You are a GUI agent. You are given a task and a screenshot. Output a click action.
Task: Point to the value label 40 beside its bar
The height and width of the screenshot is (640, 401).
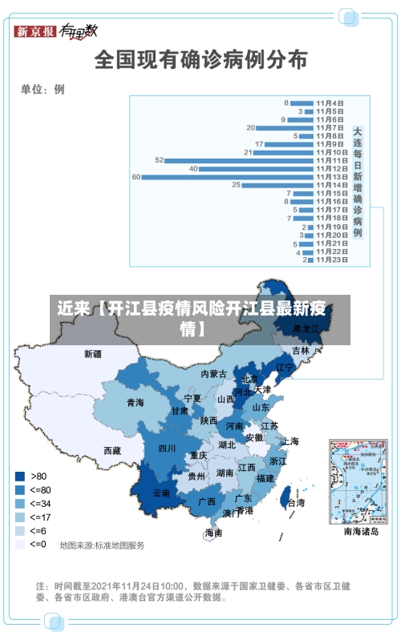coord(193,168)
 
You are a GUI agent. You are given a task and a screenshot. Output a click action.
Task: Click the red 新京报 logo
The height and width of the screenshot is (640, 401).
coord(36,31)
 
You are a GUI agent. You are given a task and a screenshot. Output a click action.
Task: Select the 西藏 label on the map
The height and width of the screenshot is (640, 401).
coord(112,450)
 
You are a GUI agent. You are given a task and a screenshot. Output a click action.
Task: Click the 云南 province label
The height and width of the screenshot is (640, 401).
coord(161,493)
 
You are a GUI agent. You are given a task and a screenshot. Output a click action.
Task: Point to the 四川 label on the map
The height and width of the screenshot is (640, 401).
coord(167,448)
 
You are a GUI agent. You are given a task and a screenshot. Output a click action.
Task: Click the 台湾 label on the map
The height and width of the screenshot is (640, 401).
coord(296,503)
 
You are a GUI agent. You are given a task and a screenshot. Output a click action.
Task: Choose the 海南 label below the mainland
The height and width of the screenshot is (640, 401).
coord(213,532)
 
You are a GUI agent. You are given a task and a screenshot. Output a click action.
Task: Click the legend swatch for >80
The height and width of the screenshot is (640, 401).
coord(20,475)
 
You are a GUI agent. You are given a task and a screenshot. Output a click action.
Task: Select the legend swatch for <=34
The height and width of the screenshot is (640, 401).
coord(20,503)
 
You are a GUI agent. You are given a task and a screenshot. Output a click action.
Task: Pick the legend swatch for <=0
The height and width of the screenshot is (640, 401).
coord(20,544)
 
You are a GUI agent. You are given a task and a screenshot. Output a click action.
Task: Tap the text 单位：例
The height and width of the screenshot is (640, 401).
coord(43,89)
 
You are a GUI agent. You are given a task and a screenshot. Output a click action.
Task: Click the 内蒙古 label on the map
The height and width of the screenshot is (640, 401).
coord(214,374)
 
